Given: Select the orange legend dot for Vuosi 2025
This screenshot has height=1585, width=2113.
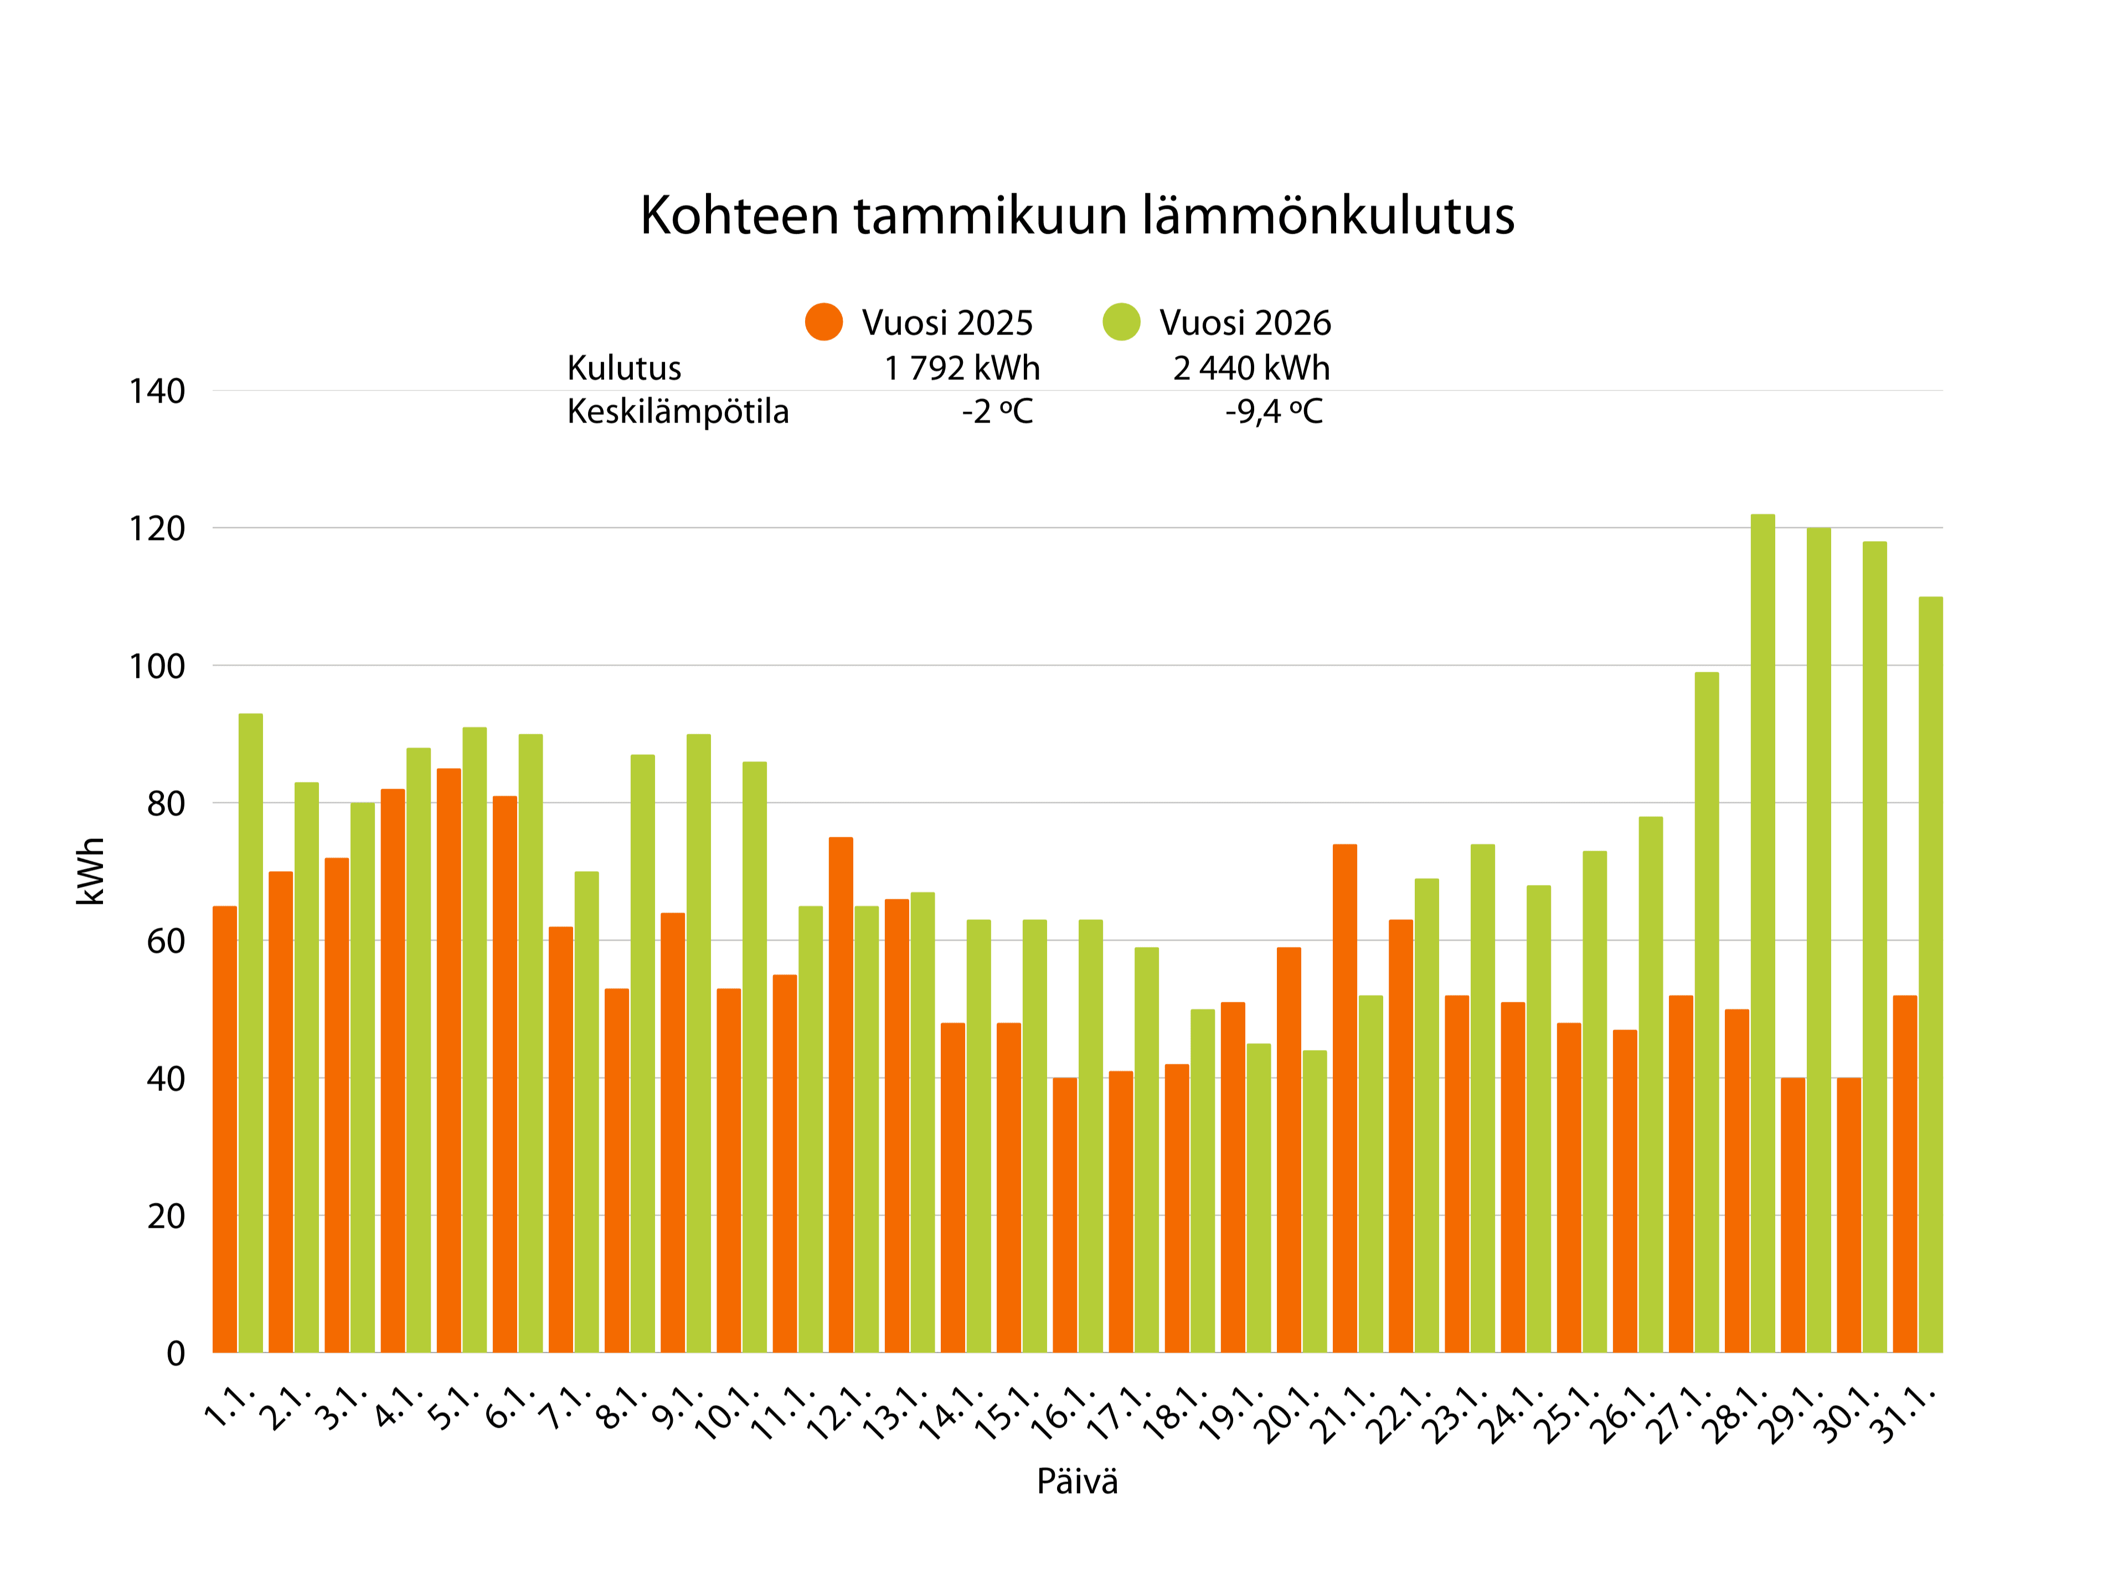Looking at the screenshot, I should tap(823, 322).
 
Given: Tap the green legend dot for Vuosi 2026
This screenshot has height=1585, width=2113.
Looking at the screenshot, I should tap(1121, 322).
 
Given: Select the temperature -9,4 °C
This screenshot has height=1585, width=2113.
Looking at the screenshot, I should tap(1274, 412).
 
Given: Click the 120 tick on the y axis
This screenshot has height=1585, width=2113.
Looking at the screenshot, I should tap(157, 528).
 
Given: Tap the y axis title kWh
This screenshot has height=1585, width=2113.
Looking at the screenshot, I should tap(91, 871).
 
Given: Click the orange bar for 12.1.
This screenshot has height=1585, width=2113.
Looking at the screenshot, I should tap(841, 1095).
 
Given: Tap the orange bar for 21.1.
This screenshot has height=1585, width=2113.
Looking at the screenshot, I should tap(1344, 1099).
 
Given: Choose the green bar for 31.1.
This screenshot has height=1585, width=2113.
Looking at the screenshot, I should tap(1930, 975).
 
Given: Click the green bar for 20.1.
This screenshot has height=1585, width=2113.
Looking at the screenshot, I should tap(1315, 1202).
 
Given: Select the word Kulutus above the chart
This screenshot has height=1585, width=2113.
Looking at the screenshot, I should tap(624, 368).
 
